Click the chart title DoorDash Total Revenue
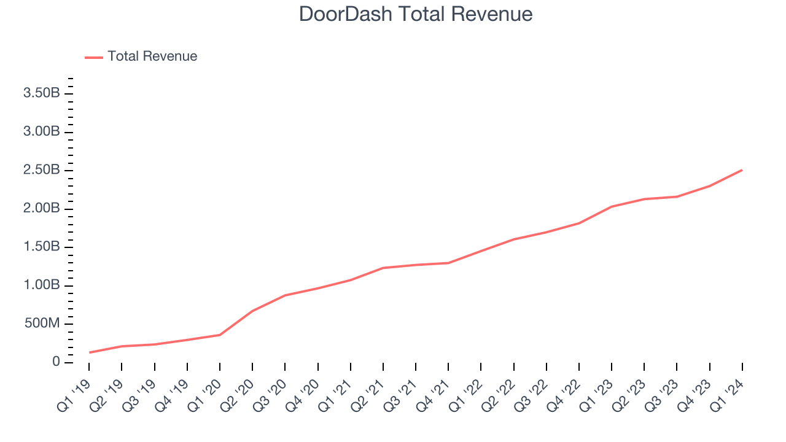coord(416,14)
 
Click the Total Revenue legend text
coord(152,56)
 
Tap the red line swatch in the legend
coord(94,57)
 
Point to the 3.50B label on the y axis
coord(42,93)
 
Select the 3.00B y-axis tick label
coord(42,132)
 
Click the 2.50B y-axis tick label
coord(42,170)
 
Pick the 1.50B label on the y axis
coord(42,247)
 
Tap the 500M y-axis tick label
coord(42,324)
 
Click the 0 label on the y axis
coord(56,362)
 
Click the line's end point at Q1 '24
coord(742,170)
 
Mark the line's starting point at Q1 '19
coord(89,352)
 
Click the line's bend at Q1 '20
coord(220,335)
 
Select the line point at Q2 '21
coord(383,268)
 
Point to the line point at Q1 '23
coord(612,206)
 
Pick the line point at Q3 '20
coord(285,295)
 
